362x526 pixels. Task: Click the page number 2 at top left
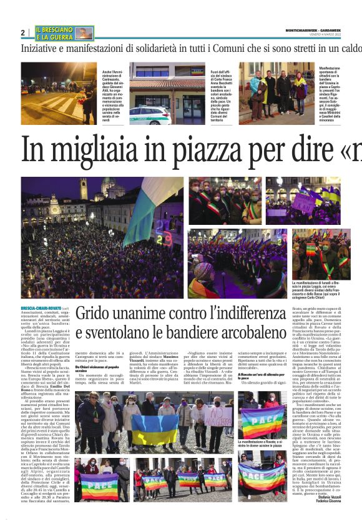[x=23, y=32]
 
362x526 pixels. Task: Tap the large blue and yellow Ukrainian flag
[x=154, y=427]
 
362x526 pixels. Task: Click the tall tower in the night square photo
[x=84, y=191]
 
